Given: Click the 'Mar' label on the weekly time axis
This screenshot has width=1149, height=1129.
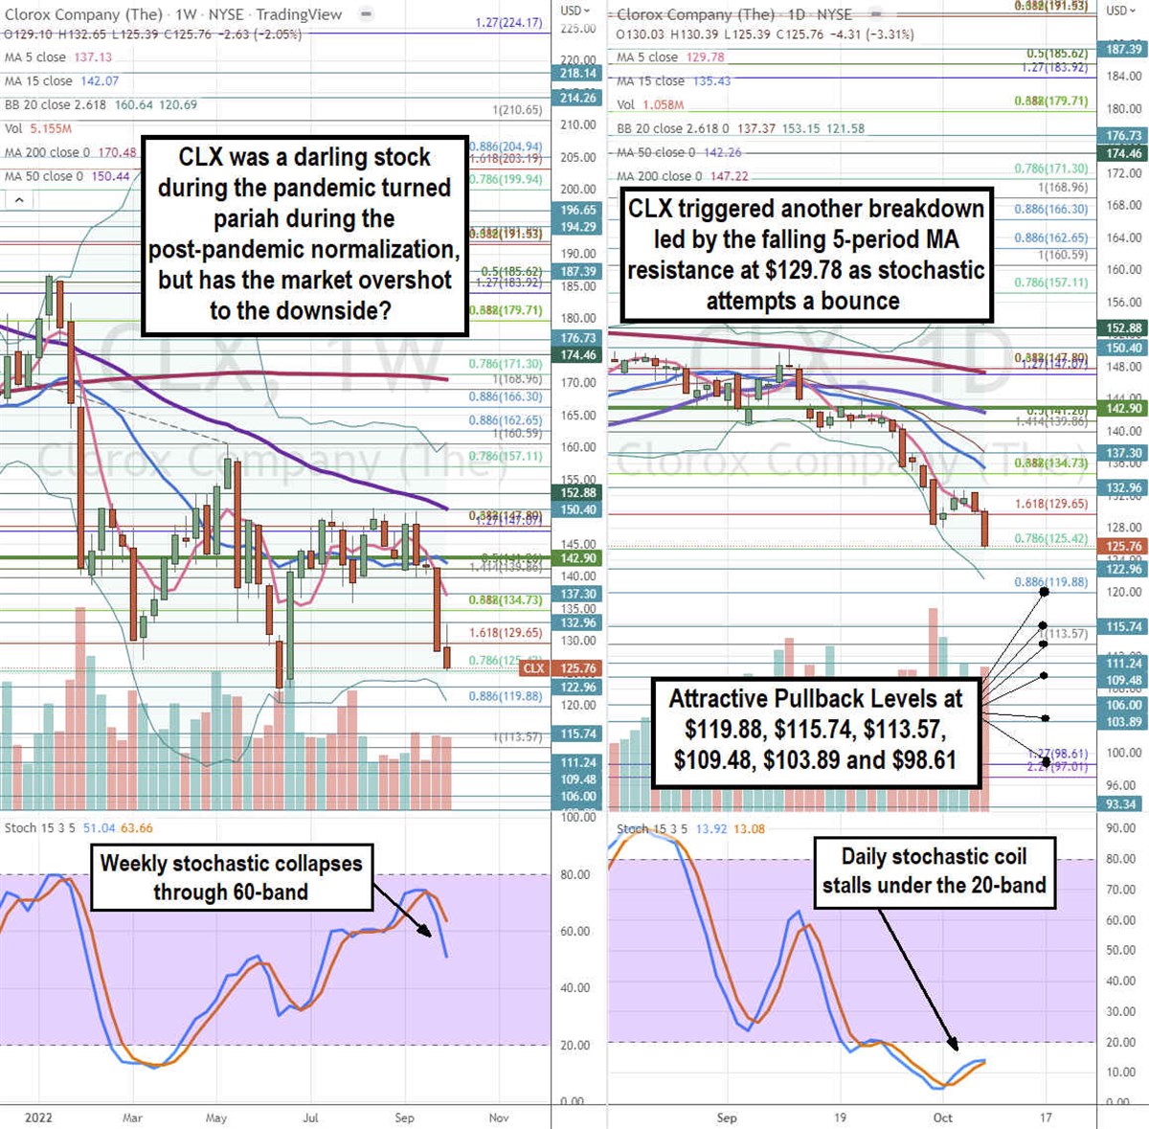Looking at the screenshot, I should (132, 1118).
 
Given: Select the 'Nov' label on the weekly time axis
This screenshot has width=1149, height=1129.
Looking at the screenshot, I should (498, 1118).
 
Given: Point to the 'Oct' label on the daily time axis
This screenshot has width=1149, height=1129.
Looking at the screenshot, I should (943, 1118).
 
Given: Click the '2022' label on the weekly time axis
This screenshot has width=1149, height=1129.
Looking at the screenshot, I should (38, 1118).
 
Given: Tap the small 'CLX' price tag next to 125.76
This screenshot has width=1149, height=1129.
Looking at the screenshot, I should (533, 668).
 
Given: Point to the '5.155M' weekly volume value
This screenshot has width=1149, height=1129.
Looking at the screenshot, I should (50, 128).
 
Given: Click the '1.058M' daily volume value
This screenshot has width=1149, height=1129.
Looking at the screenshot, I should (663, 104).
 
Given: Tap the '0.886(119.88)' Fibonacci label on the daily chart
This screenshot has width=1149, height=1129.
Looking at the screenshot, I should (1050, 582).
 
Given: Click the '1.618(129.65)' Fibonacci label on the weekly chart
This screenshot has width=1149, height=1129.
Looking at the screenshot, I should (506, 633).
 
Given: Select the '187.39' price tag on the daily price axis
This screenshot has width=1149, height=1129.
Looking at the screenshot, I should (1123, 49).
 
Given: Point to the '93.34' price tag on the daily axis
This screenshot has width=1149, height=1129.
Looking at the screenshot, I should (1121, 804).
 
